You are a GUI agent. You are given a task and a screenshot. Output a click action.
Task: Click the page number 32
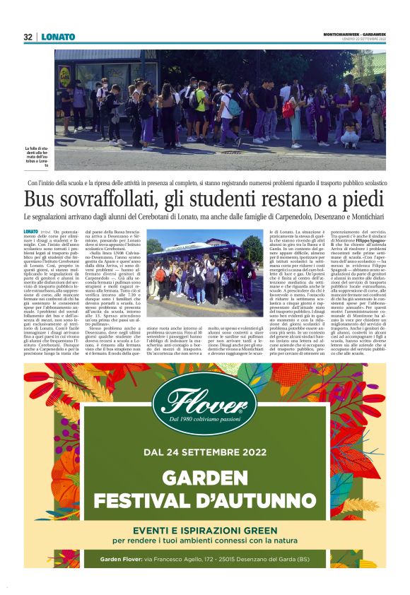click(28, 37)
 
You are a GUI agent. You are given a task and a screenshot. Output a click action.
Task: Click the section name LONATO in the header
click(58, 37)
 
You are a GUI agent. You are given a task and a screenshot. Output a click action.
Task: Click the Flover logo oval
click(205, 403)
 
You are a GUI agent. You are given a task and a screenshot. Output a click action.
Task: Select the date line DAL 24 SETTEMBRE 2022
click(205, 452)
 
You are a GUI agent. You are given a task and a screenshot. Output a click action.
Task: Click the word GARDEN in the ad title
click(205, 478)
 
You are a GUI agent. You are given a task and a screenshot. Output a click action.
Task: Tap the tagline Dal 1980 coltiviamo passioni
click(205, 421)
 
